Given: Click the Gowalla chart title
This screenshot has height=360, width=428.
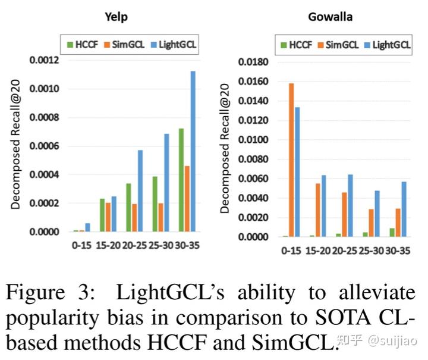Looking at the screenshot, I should click(x=330, y=17).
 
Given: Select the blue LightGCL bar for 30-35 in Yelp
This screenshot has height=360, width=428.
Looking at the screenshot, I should click(x=193, y=151).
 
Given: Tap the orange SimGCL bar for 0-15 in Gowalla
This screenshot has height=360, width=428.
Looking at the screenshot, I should click(x=291, y=160).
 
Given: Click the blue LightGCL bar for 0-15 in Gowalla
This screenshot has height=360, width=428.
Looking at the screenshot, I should click(x=297, y=172).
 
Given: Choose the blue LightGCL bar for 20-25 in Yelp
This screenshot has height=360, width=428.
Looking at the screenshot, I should click(x=140, y=190).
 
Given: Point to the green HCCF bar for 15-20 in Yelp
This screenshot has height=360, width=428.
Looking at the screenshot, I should click(x=102, y=215).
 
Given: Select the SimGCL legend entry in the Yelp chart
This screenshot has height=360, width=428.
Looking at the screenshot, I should click(x=122, y=43).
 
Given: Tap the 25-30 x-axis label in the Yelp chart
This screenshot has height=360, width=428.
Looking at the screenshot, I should click(x=160, y=245).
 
